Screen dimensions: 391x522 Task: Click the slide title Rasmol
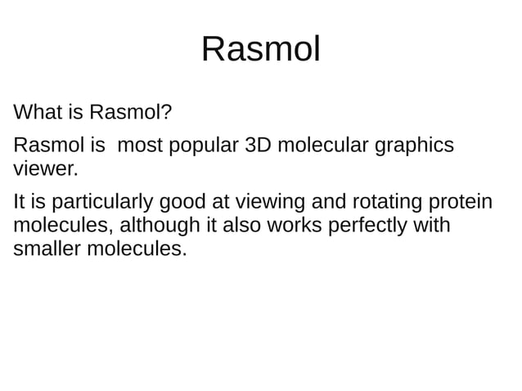(x=260, y=50)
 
